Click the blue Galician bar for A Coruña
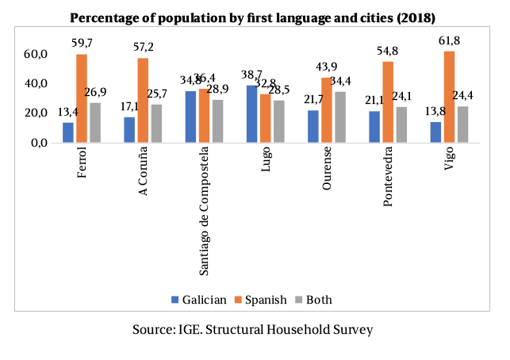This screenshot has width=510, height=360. pyautogui.click(x=129, y=130)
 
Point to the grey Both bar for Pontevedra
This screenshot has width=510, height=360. pyautogui.click(x=402, y=125)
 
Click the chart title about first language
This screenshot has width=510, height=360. pyautogui.click(x=253, y=17)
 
